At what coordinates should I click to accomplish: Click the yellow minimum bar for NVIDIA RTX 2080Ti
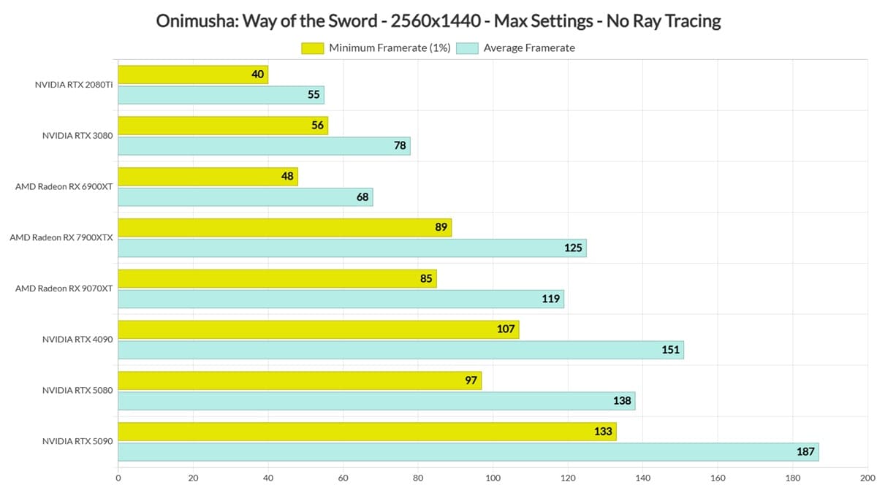pos(193,74)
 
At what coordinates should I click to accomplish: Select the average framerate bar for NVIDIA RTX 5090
pos(468,452)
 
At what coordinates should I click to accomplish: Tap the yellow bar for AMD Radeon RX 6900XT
pos(208,177)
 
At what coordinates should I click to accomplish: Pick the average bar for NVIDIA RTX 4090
pos(401,350)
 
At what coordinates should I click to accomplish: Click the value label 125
pos(573,248)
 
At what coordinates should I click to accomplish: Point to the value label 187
pos(805,452)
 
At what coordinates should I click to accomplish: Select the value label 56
pos(317,125)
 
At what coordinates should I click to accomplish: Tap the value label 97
pos(471,381)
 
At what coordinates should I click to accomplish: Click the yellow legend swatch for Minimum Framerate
pos(313,48)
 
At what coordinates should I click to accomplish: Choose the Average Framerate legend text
pos(529,47)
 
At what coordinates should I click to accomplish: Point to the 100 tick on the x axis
pos(493,478)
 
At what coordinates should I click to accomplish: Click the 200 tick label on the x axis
pos(867,478)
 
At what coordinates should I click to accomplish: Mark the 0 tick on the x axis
pos(118,478)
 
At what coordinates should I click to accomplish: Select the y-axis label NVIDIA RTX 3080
pos(77,136)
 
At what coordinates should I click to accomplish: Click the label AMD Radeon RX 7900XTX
pos(61,237)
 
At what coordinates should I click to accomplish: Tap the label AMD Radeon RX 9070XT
pos(64,288)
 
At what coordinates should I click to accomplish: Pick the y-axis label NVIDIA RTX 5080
pos(77,391)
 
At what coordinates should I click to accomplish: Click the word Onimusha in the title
pos(197,20)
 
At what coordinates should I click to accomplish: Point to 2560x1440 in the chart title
pos(436,20)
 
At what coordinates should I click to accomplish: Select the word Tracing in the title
pos(693,21)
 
